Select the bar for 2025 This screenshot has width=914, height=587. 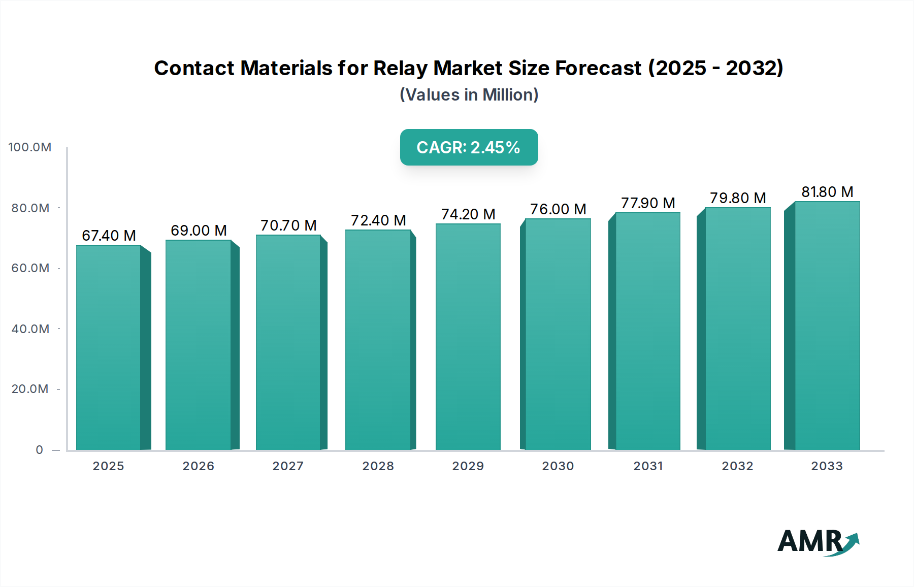(x=109, y=348)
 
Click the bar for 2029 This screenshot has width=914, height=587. (x=468, y=337)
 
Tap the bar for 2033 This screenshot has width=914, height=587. (x=827, y=326)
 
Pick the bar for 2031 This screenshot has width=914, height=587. (x=647, y=331)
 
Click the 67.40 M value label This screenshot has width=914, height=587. (x=109, y=236)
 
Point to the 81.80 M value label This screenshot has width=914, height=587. (x=827, y=192)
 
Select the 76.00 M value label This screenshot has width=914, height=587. (x=558, y=209)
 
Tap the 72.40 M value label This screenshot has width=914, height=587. (x=378, y=220)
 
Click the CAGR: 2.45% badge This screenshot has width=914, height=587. (x=469, y=147)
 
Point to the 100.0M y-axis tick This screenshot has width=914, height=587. (x=30, y=147)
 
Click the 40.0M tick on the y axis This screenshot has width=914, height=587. (x=30, y=329)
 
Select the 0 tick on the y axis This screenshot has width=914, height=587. (x=39, y=450)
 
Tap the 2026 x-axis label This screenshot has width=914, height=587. (x=198, y=466)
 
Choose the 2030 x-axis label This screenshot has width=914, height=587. (x=558, y=466)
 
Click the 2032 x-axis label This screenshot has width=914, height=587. (x=737, y=466)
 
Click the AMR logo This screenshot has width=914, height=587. (x=818, y=542)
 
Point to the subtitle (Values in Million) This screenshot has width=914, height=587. (x=469, y=95)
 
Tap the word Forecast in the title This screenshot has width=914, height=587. (x=598, y=68)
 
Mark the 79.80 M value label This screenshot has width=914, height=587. (x=737, y=198)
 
